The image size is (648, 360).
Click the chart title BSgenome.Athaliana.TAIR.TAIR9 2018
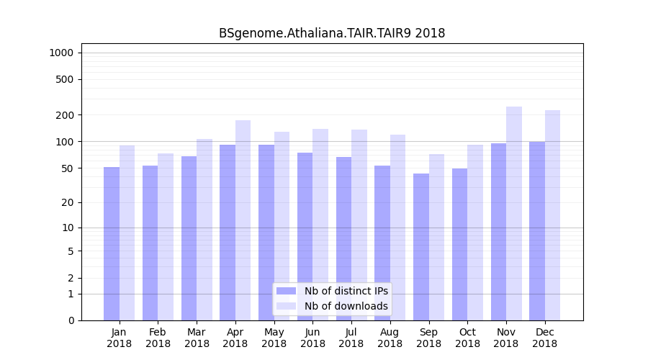[332, 33]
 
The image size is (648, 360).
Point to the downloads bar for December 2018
[553, 215]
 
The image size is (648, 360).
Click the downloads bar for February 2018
[166, 237]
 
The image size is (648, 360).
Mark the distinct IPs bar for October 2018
[460, 244]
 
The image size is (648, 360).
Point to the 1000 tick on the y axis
[61, 53]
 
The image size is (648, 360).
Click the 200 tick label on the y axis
[65, 115]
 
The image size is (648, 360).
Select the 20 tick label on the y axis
[68, 202]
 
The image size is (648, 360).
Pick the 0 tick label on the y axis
[71, 320]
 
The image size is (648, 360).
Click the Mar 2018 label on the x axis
[197, 338]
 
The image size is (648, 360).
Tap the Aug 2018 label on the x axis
[390, 338]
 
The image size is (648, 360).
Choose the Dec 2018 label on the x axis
[545, 338]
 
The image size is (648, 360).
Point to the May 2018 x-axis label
[274, 338]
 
